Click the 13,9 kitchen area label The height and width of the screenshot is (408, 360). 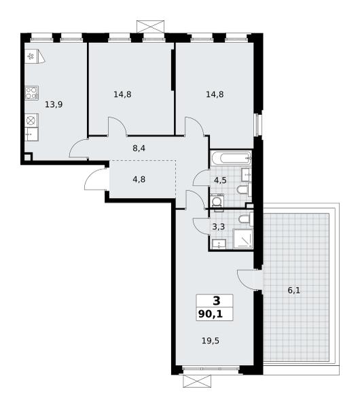click(x=54, y=105)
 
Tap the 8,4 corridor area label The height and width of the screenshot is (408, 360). click(x=139, y=148)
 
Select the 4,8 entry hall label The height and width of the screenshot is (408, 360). click(x=139, y=180)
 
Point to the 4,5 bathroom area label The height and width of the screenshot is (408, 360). click(x=220, y=180)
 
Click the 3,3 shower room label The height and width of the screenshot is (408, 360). click(x=218, y=227)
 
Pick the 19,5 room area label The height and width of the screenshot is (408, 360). click(x=211, y=341)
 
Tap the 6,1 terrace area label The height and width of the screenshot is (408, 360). click(x=294, y=290)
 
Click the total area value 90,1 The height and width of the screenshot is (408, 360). click(x=211, y=314)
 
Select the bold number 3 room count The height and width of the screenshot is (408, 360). click(x=217, y=301)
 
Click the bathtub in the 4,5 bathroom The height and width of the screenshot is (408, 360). click(x=231, y=158)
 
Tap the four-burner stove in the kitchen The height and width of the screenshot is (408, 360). click(x=32, y=93)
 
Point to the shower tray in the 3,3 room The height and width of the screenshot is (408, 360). click(x=242, y=239)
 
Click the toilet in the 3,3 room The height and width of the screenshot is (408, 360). click(x=246, y=219)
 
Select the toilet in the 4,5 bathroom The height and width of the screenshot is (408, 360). click(x=245, y=190)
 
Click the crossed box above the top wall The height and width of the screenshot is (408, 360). click(x=151, y=27)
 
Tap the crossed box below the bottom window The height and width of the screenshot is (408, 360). click(x=197, y=381)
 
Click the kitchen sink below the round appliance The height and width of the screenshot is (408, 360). click(x=32, y=134)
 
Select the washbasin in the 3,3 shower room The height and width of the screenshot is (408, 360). click(x=219, y=244)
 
